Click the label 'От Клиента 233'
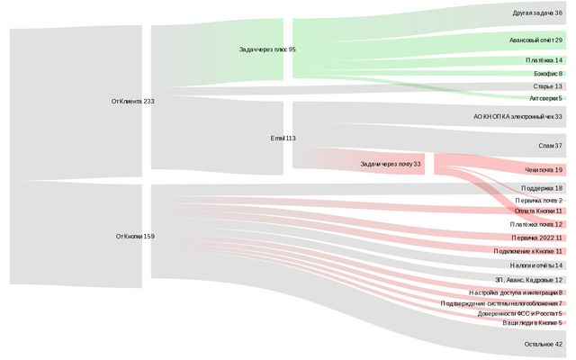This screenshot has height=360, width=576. coord(132,102)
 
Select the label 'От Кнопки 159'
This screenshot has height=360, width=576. coord(135,237)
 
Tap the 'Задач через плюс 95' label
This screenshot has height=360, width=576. coord(267,49)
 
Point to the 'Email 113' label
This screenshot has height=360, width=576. coord(283,139)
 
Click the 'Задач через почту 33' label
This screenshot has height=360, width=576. coord(391,164)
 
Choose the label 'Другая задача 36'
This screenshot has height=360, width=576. coord(537,13)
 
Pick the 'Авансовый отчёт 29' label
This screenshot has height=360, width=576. coord(535,40)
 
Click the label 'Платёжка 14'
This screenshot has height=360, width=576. coord(544,60)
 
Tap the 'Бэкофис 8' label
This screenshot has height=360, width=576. coord(547,74)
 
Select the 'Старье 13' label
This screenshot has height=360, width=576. coord(547,86)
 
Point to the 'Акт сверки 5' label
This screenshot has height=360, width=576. coord(545,98)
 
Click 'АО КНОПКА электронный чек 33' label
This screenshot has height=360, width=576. coord(517,117)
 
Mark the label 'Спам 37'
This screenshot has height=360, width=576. coord(549,145)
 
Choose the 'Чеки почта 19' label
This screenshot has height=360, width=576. coord(544,170)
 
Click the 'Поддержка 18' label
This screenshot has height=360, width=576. coord(541,188)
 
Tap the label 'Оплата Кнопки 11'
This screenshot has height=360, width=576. coord(538,211)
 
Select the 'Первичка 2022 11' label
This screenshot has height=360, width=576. coord(536,238)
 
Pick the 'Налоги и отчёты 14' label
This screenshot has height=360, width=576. coord(535,265)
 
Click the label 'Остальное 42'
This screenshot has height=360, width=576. coord(543,344)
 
